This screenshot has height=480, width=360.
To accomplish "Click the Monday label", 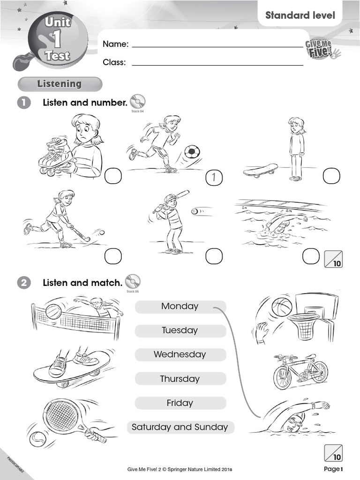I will coord(180,307).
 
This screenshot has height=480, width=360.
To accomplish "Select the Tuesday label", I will coord(180,330).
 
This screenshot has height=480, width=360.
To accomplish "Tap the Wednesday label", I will coord(180,355).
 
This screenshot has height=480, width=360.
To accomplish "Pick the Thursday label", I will coord(180,379).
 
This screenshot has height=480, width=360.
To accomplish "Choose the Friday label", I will coord(180,403).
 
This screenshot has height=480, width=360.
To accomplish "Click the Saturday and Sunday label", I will coord(180,427).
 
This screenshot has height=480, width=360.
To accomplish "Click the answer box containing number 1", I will coord(214,178).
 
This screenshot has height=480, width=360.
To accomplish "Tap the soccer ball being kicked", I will coord(192,151).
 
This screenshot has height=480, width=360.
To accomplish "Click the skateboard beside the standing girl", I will coord(261,170).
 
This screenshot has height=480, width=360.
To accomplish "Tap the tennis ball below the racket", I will coord(37,439).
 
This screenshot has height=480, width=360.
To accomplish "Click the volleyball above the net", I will coord(53,311).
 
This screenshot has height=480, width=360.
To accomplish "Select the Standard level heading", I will coord(300,15).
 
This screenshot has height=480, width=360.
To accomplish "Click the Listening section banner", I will coord(60,84).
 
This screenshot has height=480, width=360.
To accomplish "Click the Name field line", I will coord(217,46).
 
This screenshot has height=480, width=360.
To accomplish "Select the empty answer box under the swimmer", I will coord(310,256).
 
